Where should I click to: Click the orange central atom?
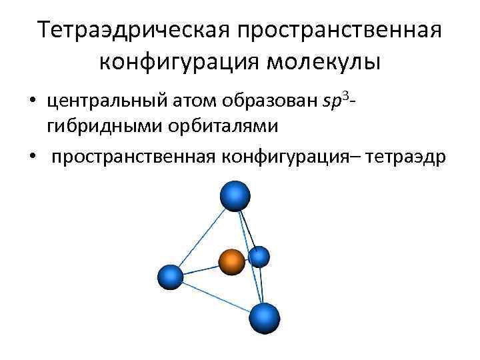(231, 262)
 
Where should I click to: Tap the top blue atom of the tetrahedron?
(235, 196)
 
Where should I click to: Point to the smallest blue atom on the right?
(259, 256)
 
